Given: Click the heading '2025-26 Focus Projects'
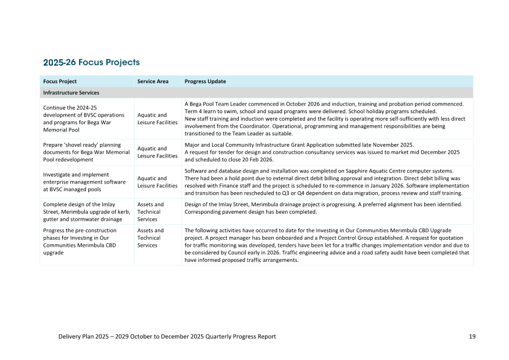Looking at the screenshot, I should (91, 62).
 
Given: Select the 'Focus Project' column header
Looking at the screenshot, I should (60, 81).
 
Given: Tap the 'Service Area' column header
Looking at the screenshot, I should (153, 81).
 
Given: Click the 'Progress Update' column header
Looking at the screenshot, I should (205, 81).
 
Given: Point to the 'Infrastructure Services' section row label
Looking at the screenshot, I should (71, 92).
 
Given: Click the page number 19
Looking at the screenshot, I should (472, 336).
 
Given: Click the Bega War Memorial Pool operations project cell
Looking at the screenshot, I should (84, 118).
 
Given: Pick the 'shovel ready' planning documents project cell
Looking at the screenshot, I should (85, 152).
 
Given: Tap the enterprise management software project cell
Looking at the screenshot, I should (84, 182).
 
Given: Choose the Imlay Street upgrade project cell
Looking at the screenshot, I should (86, 211).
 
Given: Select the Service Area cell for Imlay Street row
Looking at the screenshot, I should (150, 211).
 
